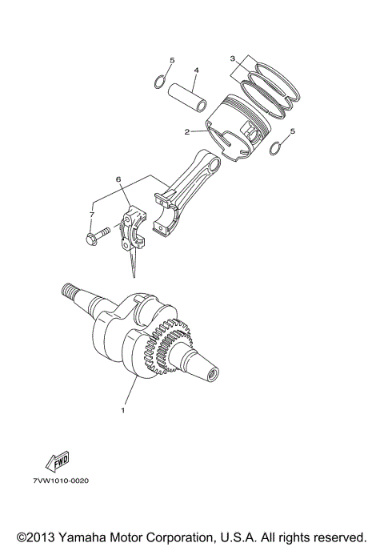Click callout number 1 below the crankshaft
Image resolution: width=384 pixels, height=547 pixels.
(x=123, y=411)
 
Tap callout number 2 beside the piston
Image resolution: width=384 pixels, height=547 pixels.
(x=186, y=132)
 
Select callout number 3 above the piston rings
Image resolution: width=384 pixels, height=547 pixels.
(x=232, y=58)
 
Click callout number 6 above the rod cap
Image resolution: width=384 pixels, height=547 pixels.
(x=119, y=180)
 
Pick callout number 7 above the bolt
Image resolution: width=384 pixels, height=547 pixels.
(x=91, y=215)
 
